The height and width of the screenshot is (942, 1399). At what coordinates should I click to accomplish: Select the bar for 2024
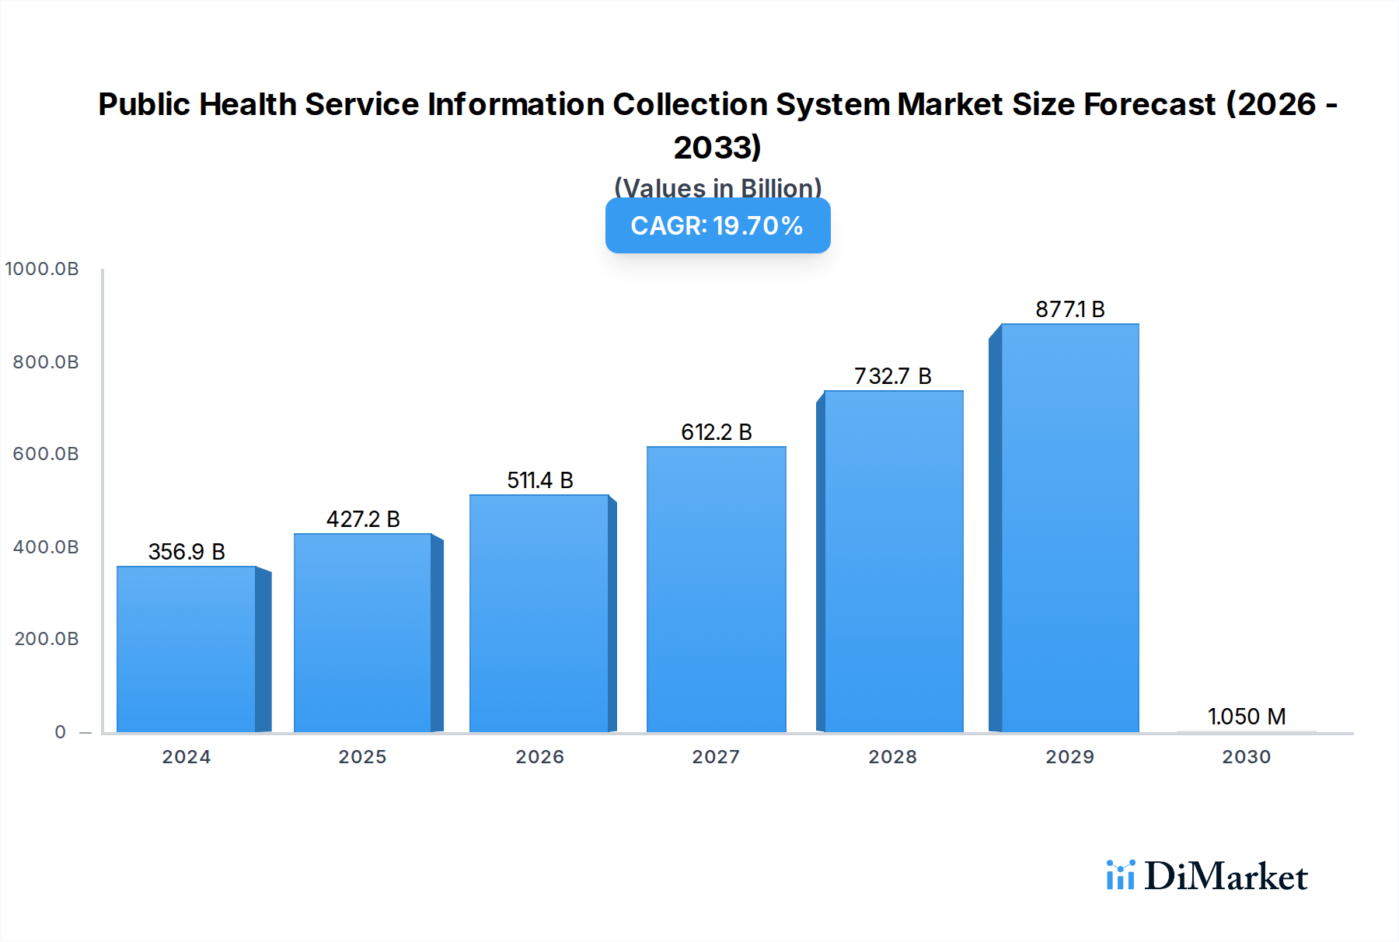[187, 649]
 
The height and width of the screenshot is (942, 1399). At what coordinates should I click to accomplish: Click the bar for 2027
[716, 589]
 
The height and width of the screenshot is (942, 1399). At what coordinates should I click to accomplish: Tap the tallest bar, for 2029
[1069, 529]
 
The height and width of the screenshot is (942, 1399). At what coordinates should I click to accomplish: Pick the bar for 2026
[539, 613]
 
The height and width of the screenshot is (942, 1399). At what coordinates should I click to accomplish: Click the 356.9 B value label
[187, 552]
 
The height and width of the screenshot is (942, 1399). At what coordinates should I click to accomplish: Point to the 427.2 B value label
[363, 519]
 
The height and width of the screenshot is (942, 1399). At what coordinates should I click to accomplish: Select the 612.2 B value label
[716, 432]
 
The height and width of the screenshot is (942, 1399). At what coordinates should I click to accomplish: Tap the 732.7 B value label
[892, 376]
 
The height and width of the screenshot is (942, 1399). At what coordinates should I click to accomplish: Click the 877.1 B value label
[1069, 309]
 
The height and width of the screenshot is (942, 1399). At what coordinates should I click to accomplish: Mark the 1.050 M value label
[1246, 717]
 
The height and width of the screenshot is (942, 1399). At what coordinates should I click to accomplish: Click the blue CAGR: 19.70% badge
[717, 225]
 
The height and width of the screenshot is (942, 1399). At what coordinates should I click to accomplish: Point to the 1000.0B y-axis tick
[42, 269]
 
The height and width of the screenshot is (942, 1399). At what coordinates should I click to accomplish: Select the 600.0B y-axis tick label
[46, 454]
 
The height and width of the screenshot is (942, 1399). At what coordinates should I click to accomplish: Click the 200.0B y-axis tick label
[46, 639]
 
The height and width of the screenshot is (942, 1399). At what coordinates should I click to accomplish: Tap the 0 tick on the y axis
[61, 732]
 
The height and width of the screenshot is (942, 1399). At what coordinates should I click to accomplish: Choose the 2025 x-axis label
[362, 757]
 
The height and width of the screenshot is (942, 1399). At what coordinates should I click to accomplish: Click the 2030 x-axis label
[1246, 757]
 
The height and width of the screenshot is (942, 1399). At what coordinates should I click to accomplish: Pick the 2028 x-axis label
[892, 757]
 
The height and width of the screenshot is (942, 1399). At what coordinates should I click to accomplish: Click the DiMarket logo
[1207, 876]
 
